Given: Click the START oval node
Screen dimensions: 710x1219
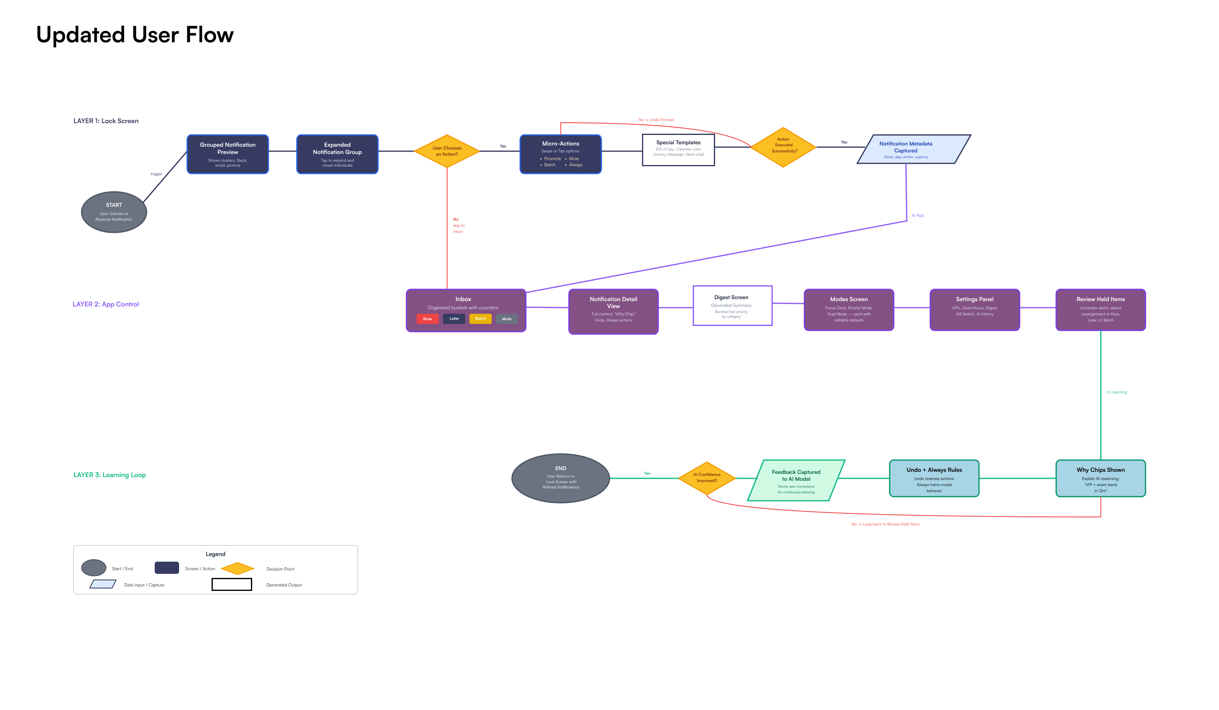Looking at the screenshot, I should point(114,212).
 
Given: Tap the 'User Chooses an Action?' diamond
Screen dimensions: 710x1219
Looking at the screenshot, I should point(447,151).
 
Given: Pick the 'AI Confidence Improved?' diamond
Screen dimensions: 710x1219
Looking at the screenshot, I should point(706,478).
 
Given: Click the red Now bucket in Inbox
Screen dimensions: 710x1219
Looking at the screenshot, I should point(427,319).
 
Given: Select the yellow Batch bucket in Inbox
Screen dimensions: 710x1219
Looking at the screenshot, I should point(480,319).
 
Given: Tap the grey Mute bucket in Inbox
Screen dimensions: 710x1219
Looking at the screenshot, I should point(506,319).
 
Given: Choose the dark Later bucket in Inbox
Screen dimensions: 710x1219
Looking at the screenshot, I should point(454,319).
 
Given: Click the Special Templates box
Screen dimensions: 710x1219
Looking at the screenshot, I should point(678,150).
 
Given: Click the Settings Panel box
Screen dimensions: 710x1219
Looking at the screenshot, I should point(974,310).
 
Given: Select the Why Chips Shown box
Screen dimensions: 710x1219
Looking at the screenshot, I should point(1100,478).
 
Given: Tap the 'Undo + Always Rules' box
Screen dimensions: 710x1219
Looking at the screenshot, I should point(934,478).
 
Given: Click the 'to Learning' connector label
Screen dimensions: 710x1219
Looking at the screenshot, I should point(1116,392).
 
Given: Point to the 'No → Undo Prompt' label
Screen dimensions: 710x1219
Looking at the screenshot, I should point(655,119).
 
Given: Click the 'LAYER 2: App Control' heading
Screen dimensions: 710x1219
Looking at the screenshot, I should point(106,304).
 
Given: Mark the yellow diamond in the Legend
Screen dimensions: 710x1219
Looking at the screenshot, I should point(238,568).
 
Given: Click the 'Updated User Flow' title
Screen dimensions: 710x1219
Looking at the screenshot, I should point(134,35).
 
